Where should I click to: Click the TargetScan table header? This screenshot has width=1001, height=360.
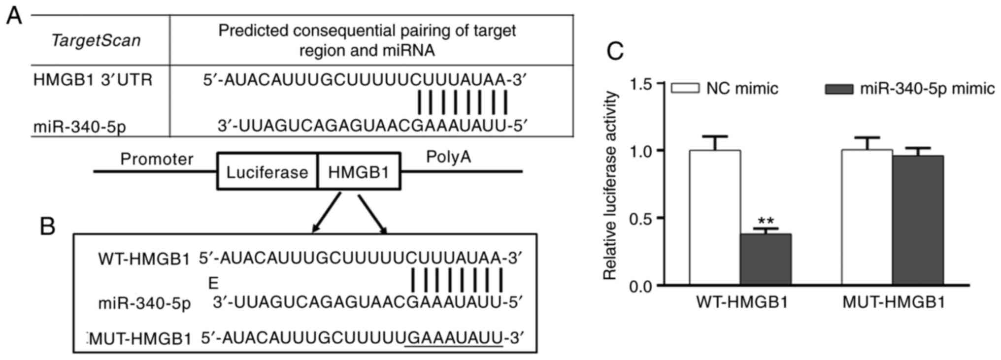coord(96,40)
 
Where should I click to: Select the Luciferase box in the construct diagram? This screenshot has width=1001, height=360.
coord(267,172)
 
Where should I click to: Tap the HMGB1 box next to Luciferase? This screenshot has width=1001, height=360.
coord(359,172)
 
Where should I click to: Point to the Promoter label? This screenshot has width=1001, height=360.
coord(157,159)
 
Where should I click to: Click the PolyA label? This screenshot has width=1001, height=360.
coord(448,157)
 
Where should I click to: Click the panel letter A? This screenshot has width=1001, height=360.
coord(14,16)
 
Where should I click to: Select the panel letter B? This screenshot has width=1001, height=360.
coord(47,227)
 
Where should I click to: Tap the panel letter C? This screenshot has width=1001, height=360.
coord(615,51)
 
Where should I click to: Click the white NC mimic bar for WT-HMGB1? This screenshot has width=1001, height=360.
coord(714,217)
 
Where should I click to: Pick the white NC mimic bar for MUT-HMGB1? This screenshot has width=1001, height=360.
coord(867,217)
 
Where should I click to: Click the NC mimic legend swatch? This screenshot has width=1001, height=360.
coord(685,89)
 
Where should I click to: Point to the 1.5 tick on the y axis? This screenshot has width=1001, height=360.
coord(641,84)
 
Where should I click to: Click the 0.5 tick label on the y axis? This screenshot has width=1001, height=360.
coord(641,218)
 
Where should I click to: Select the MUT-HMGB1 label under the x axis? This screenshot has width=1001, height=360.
coord(894,302)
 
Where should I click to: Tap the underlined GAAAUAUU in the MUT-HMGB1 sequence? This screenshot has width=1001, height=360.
coord(454,338)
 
